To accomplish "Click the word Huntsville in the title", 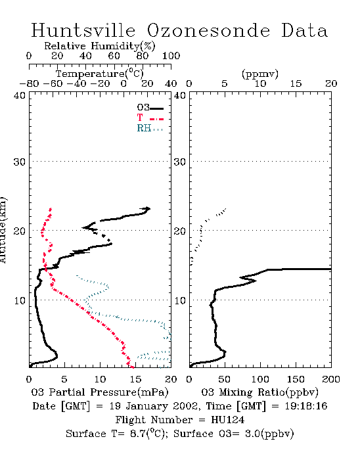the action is click(83, 30).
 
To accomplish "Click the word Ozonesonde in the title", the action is click(208, 30).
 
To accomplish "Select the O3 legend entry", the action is click(150, 108).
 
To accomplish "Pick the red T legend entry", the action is click(150, 118).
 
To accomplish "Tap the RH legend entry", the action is click(150, 128).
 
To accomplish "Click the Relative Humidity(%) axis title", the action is click(100, 46).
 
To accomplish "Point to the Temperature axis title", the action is click(100, 74).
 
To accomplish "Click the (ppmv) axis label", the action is click(260, 74).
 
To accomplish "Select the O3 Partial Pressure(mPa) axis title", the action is click(100, 392).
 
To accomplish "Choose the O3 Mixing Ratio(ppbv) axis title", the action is click(259, 392).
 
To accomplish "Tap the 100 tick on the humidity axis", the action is click(171, 56).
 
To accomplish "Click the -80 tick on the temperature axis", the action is click(29, 84).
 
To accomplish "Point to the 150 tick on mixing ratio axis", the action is click(296, 379).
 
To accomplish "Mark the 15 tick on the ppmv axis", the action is click(296, 84).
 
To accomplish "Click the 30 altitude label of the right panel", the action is click(180, 162).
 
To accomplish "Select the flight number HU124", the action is click(228, 420).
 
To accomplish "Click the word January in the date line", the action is click(146, 406).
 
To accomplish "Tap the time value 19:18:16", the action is click(306, 406).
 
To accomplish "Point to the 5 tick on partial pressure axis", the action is click(64, 379).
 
